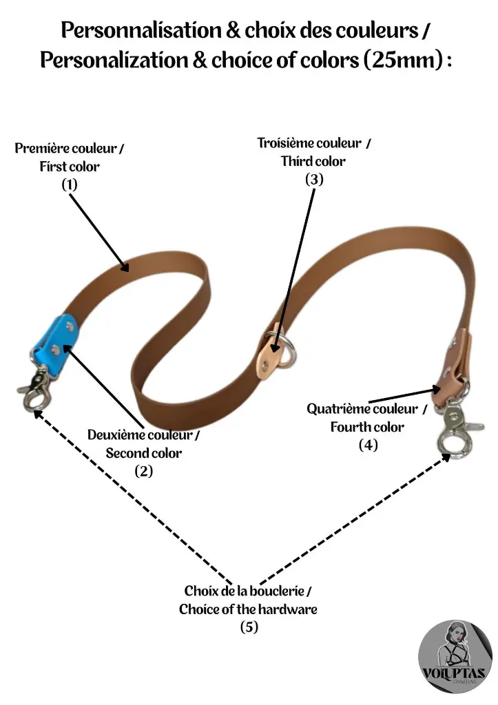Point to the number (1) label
(70, 184)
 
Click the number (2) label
(143, 471)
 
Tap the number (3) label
(313, 179)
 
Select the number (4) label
(368, 445)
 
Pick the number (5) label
(249, 627)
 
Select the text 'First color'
(70, 166)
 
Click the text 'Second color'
(143, 453)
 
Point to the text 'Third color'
(313, 161)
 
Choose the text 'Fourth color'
(367, 427)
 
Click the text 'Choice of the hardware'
(248, 609)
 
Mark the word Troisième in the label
(290, 143)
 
